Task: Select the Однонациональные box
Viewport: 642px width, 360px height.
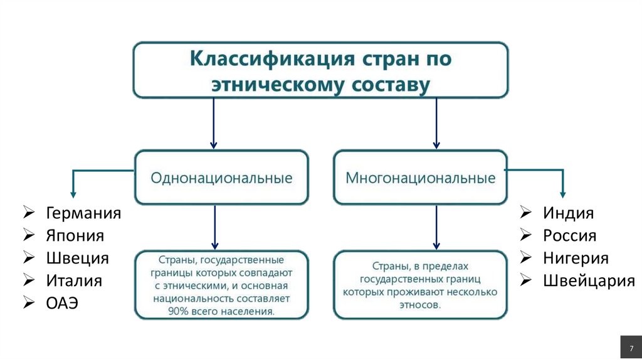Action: (221, 177)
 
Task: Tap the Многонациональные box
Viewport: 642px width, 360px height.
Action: (420, 177)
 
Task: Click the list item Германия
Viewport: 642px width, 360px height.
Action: (83, 213)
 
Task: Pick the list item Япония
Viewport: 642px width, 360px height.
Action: (75, 235)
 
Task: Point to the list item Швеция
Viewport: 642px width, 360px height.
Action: (77, 258)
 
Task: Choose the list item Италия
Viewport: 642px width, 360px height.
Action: (73, 280)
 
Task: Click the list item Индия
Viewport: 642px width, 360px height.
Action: (568, 213)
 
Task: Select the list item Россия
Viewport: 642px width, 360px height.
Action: (569, 235)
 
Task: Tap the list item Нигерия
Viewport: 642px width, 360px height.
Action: (576, 258)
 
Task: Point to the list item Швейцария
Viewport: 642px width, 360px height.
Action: (589, 280)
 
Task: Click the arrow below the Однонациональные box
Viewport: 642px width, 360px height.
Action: (214, 227)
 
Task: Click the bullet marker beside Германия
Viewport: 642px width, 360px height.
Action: (29, 213)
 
